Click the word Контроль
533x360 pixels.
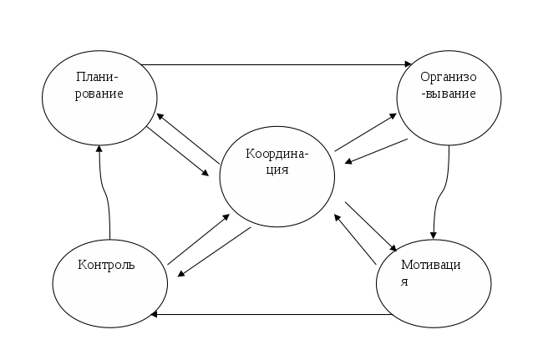point(106,266)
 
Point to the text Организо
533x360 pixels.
point(449,78)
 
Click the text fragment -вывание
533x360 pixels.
point(449,94)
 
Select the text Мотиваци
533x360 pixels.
point(430,266)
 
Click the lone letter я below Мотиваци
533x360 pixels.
point(404,281)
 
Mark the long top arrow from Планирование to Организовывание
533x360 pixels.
point(276,64)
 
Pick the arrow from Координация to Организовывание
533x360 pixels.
point(365,133)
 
